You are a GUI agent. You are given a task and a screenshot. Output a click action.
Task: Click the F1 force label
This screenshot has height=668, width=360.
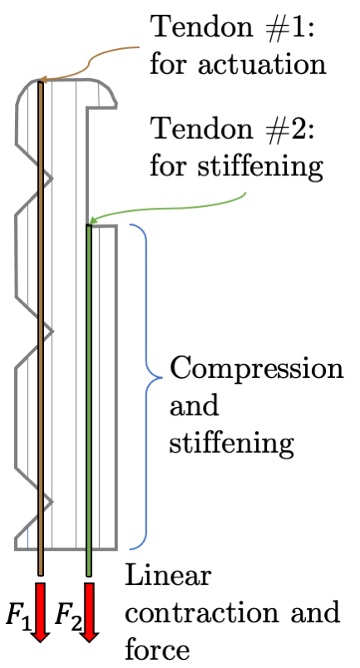tap(17, 617)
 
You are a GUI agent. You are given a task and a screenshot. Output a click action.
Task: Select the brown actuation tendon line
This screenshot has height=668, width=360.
tap(40, 332)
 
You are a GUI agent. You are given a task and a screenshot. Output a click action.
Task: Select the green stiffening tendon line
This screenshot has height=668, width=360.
tap(88, 399)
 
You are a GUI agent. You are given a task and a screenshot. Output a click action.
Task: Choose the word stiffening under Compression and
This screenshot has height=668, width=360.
tap(232, 445)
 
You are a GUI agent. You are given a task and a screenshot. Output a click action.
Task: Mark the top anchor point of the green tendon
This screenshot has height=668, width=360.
tap(88, 224)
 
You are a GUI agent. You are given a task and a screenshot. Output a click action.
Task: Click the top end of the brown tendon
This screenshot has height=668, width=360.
tap(40, 81)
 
